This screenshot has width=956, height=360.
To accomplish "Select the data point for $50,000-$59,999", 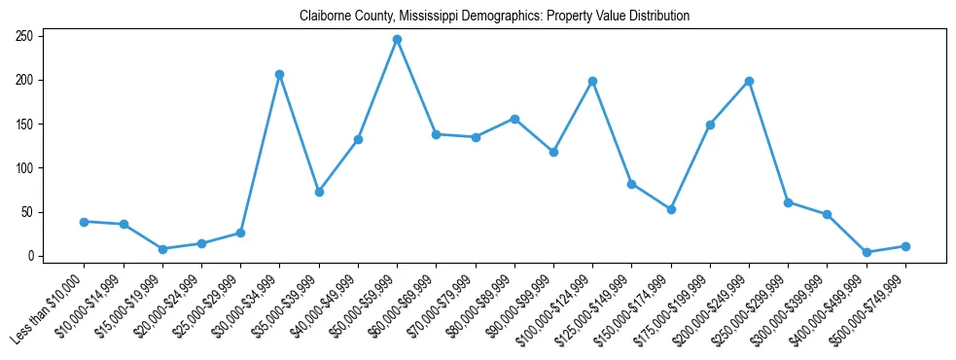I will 397,40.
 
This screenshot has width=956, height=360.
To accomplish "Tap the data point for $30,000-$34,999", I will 279,75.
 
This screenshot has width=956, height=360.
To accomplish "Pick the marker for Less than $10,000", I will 85,222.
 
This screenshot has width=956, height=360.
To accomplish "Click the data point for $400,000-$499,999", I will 867,252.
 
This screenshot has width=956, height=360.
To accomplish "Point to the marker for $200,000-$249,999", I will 749,81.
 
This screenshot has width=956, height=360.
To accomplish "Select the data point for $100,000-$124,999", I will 592,81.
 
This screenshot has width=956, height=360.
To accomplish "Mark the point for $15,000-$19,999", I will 162,249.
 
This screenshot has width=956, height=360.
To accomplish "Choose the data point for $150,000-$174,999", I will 671,209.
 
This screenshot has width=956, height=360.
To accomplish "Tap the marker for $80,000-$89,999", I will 514,119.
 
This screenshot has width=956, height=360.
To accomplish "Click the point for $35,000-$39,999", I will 319,192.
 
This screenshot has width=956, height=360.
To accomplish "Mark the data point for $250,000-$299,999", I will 788,202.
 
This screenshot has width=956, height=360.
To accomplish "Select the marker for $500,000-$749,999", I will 905,246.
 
